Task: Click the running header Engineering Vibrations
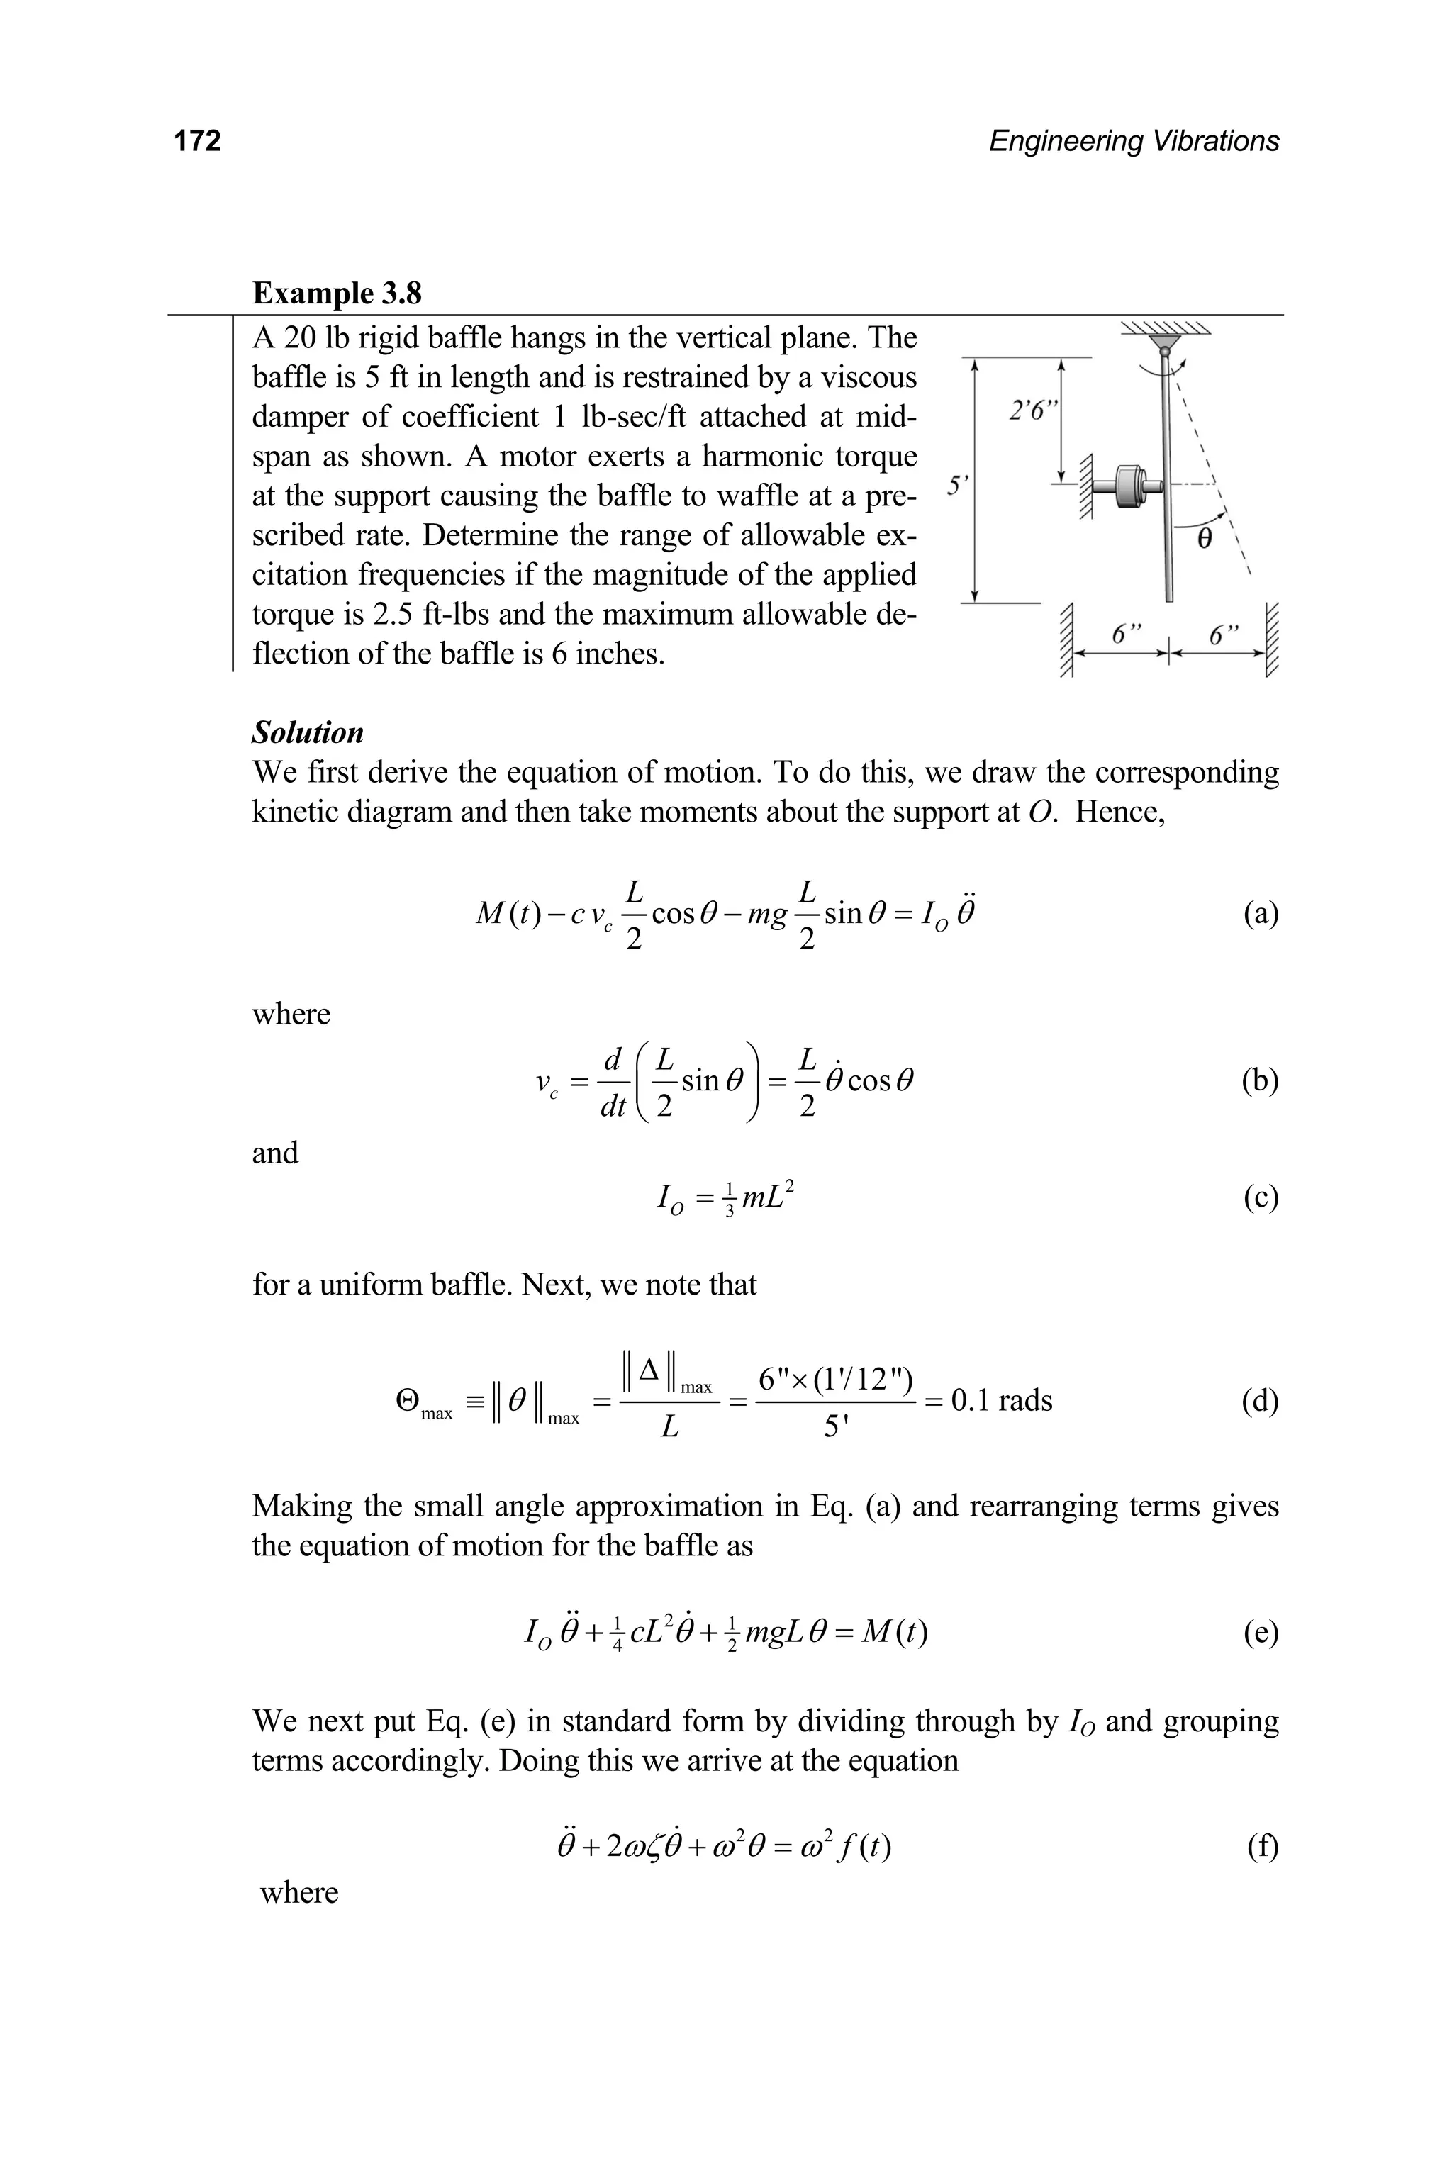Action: click(x=1134, y=141)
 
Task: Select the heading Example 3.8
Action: click(x=337, y=293)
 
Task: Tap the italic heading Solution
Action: click(x=308, y=732)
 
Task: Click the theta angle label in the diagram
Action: click(x=1204, y=539)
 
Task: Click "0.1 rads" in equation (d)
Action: click(x=1001, y=1400)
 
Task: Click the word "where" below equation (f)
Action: click(x=298, y=1893)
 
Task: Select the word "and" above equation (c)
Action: click(x=275, y=1153)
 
